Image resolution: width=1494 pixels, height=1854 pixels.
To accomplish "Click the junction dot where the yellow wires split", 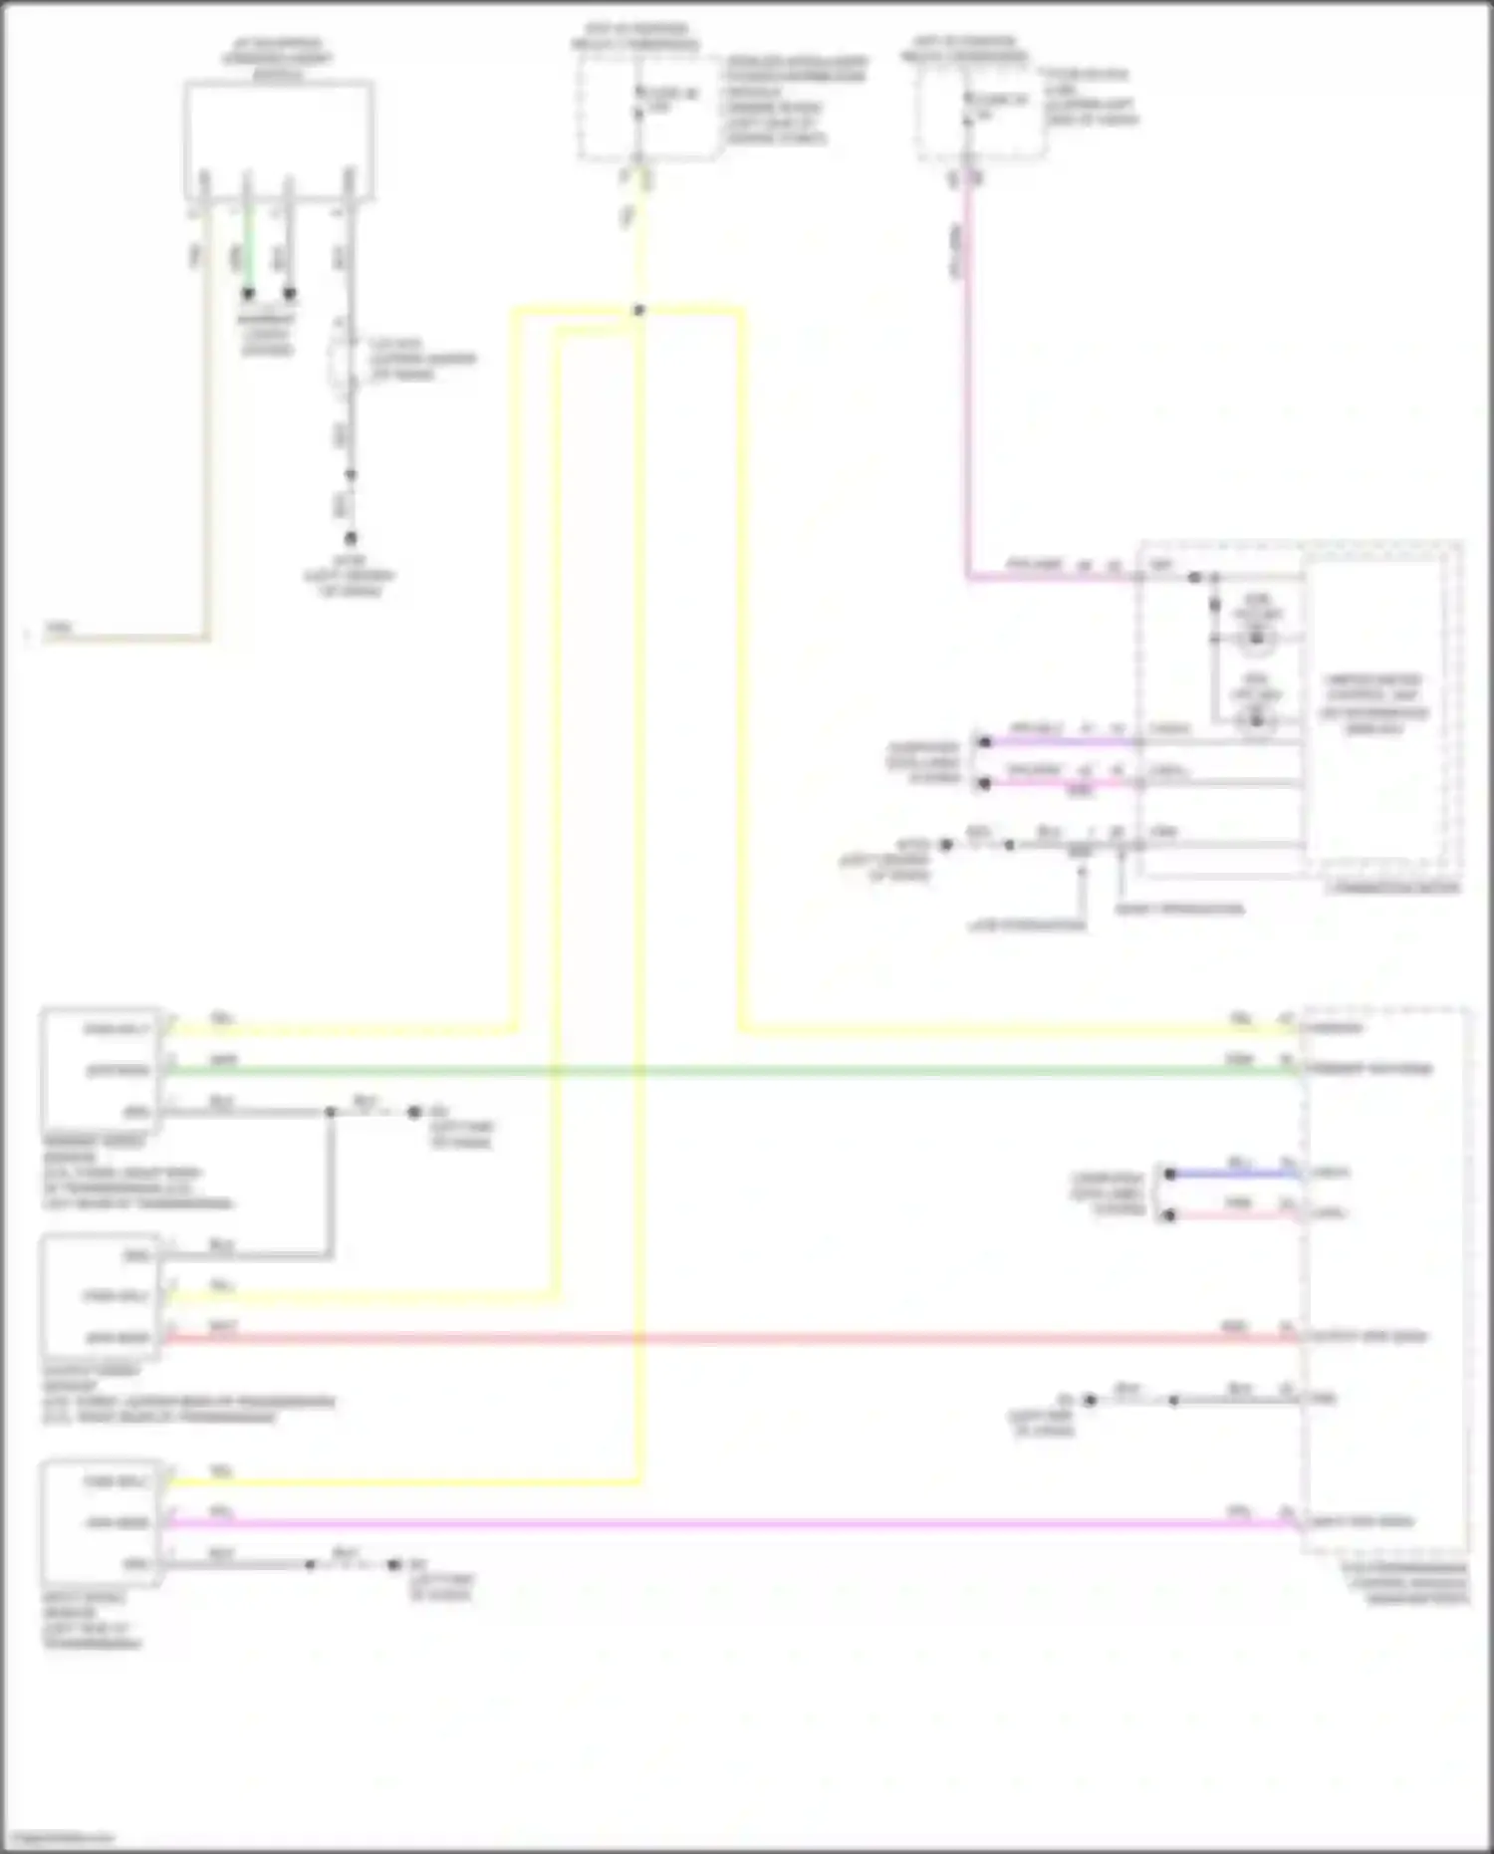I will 638,311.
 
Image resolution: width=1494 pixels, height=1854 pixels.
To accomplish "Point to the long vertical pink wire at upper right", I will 966,379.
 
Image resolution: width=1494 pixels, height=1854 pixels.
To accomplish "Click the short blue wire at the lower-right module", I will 1235,1174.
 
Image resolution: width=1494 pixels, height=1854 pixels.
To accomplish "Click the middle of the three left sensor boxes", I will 100,1296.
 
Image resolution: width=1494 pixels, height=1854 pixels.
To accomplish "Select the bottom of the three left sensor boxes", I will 100,1522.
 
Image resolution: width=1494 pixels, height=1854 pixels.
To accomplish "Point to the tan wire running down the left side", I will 207,418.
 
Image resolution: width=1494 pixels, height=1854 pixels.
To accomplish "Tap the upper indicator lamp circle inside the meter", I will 1256,637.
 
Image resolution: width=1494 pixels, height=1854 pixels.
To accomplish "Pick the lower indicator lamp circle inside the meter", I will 1256,717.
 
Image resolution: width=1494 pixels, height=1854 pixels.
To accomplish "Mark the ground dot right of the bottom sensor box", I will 394,1565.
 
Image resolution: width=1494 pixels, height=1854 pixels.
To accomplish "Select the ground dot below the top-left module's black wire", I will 351,539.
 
